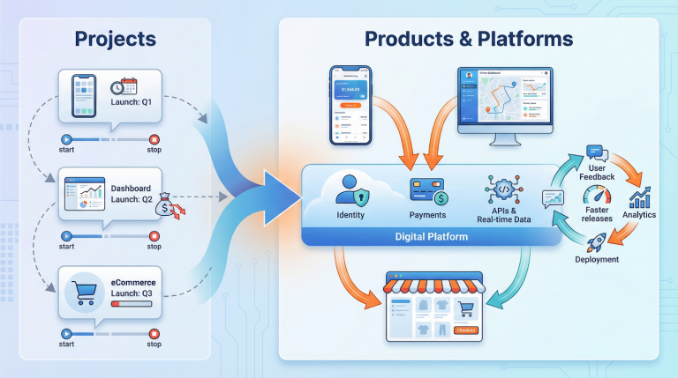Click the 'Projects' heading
coord(116,39)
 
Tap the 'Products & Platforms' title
coord(469,39)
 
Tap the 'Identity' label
coord(350,214)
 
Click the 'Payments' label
coord(428,214)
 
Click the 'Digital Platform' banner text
coord(432,237)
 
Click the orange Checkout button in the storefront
coord(466,330)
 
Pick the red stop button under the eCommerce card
coord(154,333)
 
